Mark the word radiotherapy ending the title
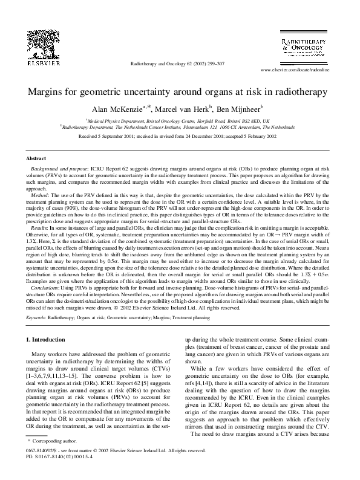[x=303, y=92]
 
